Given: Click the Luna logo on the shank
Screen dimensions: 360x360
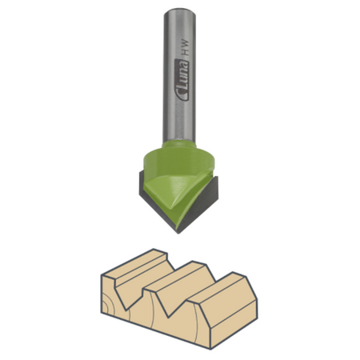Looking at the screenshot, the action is click(182, 79).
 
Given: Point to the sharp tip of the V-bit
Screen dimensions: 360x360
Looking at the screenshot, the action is click(178, 234).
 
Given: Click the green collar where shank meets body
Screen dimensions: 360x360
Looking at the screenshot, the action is click(179, 145).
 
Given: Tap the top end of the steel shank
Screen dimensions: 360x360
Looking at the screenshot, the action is click(180, 10).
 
